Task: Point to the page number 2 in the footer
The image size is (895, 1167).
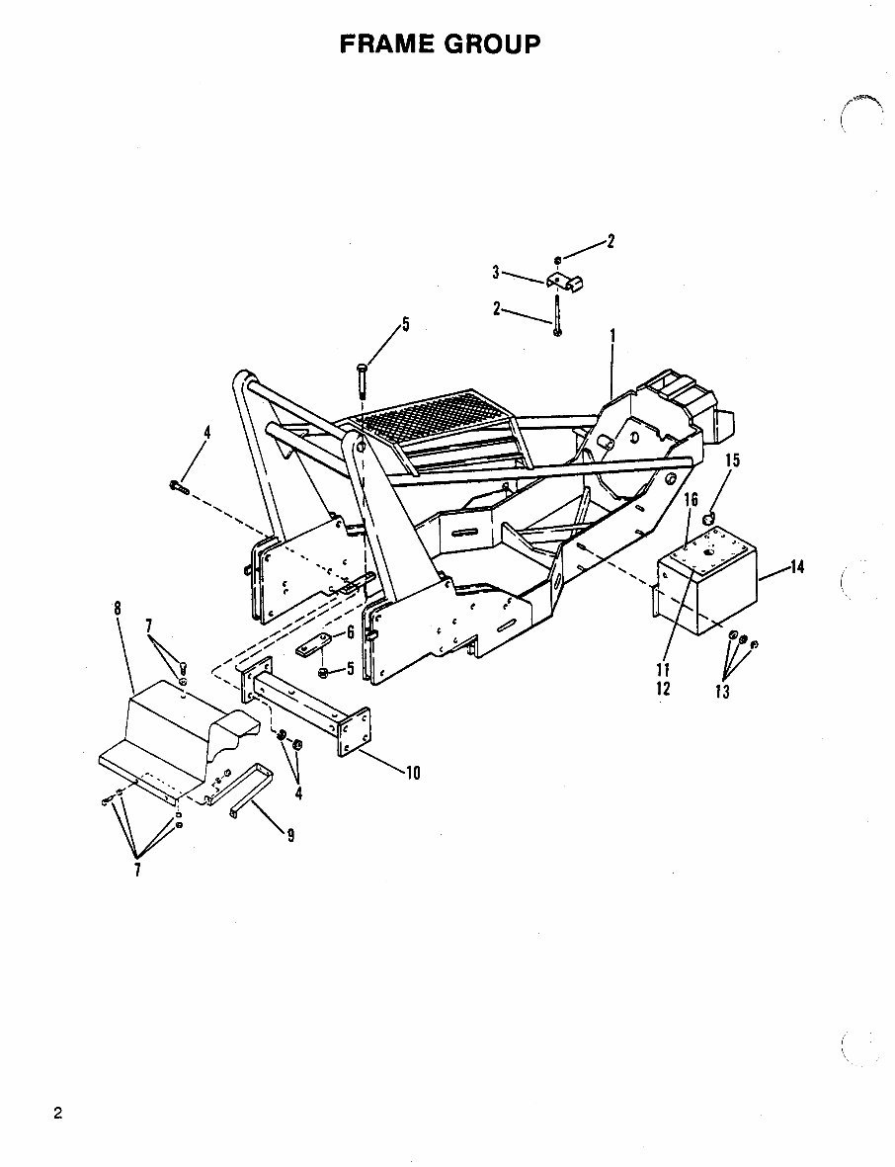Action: click(58, 1114)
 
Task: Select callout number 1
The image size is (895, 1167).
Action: click(613, 337)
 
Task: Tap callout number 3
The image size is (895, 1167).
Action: click(497, 272)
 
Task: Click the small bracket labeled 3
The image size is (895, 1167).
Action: click(566, 281)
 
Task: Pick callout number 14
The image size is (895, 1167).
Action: click(797, 567)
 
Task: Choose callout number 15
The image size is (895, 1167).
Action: click(732, 460)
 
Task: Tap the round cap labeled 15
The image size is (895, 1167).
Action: click(708, 521)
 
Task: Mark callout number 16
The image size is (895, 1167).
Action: click(692, 501)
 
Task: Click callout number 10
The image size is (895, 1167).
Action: click(412, 773)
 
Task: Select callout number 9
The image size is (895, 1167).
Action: click(289, 835)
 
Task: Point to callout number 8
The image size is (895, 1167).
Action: click(118, 608)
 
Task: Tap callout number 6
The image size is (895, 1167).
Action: click(350, 632)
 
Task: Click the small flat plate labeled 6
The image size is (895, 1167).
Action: click(310, 650)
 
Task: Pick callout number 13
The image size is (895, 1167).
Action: click(722, 692)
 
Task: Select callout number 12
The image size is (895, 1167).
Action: click(664, 688)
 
